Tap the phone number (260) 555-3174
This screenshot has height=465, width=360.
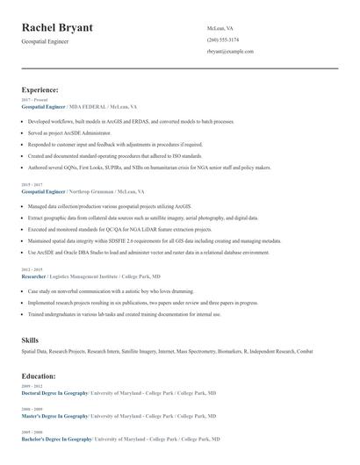point(223,39)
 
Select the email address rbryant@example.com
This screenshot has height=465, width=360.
point(230,51)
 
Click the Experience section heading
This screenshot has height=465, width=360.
point(40,89)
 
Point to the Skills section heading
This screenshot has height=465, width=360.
point(30,339)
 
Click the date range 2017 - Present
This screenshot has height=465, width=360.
point(33,100)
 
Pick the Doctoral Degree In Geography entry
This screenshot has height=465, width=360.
point(54,393)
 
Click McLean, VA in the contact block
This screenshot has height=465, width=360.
point(220,28)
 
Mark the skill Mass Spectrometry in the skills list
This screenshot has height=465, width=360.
point(191,351)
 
